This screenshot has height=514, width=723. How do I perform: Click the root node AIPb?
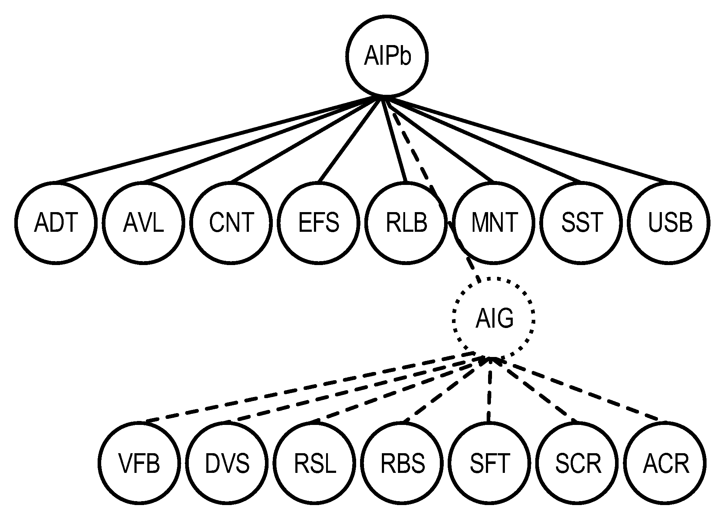[x=387, y=56]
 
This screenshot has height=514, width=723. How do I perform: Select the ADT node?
[x=56, y=222]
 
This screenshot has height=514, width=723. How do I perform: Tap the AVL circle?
[x=143, y=222]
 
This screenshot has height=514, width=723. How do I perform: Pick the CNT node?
[x=231, y=222]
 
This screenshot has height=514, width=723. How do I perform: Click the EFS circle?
[x=319, y=222]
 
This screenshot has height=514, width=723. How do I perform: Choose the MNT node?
[x=494, y=222]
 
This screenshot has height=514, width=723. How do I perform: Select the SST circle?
[x=582, y=222]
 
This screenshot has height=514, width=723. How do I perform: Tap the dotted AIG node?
[x=494, y=318]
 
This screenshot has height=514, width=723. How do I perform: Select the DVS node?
[x=227, y=463]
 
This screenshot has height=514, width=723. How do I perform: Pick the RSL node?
[x=315, y=463]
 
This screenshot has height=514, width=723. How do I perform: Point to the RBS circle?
[x=403, y=463]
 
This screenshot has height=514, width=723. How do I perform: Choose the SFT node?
[x=490, y=463]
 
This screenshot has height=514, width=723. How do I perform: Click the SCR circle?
[x=578, y=463]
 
